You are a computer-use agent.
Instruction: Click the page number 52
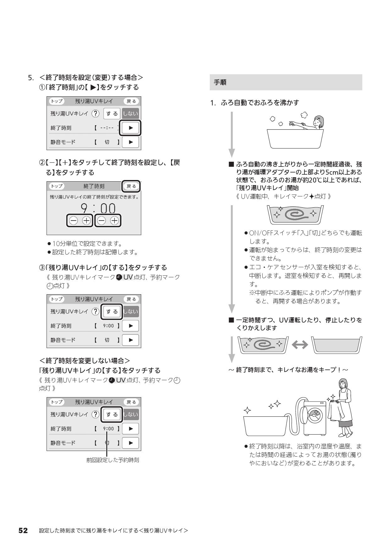tap(23, 531)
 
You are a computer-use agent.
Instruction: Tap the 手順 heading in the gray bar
tap(220, 82)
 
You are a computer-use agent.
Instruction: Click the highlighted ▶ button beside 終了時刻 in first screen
tap(131, 128)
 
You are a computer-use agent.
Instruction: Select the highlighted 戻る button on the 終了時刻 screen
tap(131, 186)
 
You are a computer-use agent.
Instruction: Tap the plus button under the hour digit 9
tap(86, 221)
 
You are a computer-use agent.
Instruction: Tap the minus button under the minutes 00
tap(102, 221)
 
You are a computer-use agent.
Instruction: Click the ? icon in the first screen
tap(95, 114)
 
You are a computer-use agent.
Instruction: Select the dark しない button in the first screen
tap(130, 114)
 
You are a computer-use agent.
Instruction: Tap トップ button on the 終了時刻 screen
tap(57, 186)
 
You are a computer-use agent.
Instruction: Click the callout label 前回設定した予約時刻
tap(113, 460)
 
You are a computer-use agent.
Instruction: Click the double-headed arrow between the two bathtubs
tap(300, 345)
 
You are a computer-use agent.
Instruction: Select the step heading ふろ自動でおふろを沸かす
tap(260, 103)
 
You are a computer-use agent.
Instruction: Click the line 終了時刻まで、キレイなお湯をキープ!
tap(288, 370)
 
